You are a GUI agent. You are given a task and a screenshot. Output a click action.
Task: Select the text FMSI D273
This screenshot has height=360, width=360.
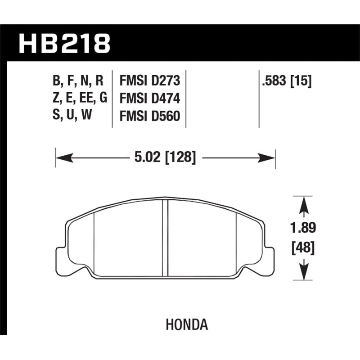click(150, 81)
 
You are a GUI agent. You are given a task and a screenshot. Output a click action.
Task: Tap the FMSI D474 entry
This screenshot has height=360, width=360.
click(150, 99)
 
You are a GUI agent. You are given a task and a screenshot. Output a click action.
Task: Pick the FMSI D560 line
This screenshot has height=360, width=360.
click(150, 116)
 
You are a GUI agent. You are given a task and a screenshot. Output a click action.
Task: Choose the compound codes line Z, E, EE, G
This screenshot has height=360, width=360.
click(79, 99)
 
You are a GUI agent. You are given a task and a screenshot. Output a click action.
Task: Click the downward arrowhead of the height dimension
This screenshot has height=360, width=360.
click(305, 273)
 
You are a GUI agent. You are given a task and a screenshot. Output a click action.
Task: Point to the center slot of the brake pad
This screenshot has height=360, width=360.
click(165, 237)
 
